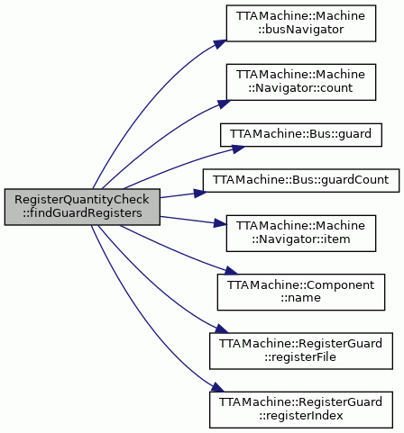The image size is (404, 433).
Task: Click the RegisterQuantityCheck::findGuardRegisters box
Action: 82,207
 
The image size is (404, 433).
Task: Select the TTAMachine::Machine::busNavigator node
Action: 301,23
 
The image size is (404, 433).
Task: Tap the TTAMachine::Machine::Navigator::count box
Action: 301,82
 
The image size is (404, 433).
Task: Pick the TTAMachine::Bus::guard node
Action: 301,135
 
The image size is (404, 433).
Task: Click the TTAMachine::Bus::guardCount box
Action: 301,180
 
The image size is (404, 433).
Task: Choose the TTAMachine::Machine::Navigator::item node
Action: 301,233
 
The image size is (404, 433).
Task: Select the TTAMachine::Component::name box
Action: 301,292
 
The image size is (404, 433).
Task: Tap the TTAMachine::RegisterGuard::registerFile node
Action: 301,351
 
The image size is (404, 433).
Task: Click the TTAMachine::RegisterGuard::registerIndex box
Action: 301,410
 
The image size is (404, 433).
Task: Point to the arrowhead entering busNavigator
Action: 220,44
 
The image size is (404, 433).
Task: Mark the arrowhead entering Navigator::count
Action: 224,104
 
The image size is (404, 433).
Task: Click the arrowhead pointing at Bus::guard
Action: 238,149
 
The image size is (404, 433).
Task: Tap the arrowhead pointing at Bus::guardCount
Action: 200,193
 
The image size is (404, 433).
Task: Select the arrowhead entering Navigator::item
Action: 219,223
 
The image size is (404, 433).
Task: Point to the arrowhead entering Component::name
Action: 231,271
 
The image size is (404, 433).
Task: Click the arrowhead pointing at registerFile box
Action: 222,329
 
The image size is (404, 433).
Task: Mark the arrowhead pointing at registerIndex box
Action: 217,387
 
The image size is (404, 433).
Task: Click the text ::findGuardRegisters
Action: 82,213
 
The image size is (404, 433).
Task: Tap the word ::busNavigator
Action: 301,30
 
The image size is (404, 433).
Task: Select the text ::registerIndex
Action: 301,416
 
